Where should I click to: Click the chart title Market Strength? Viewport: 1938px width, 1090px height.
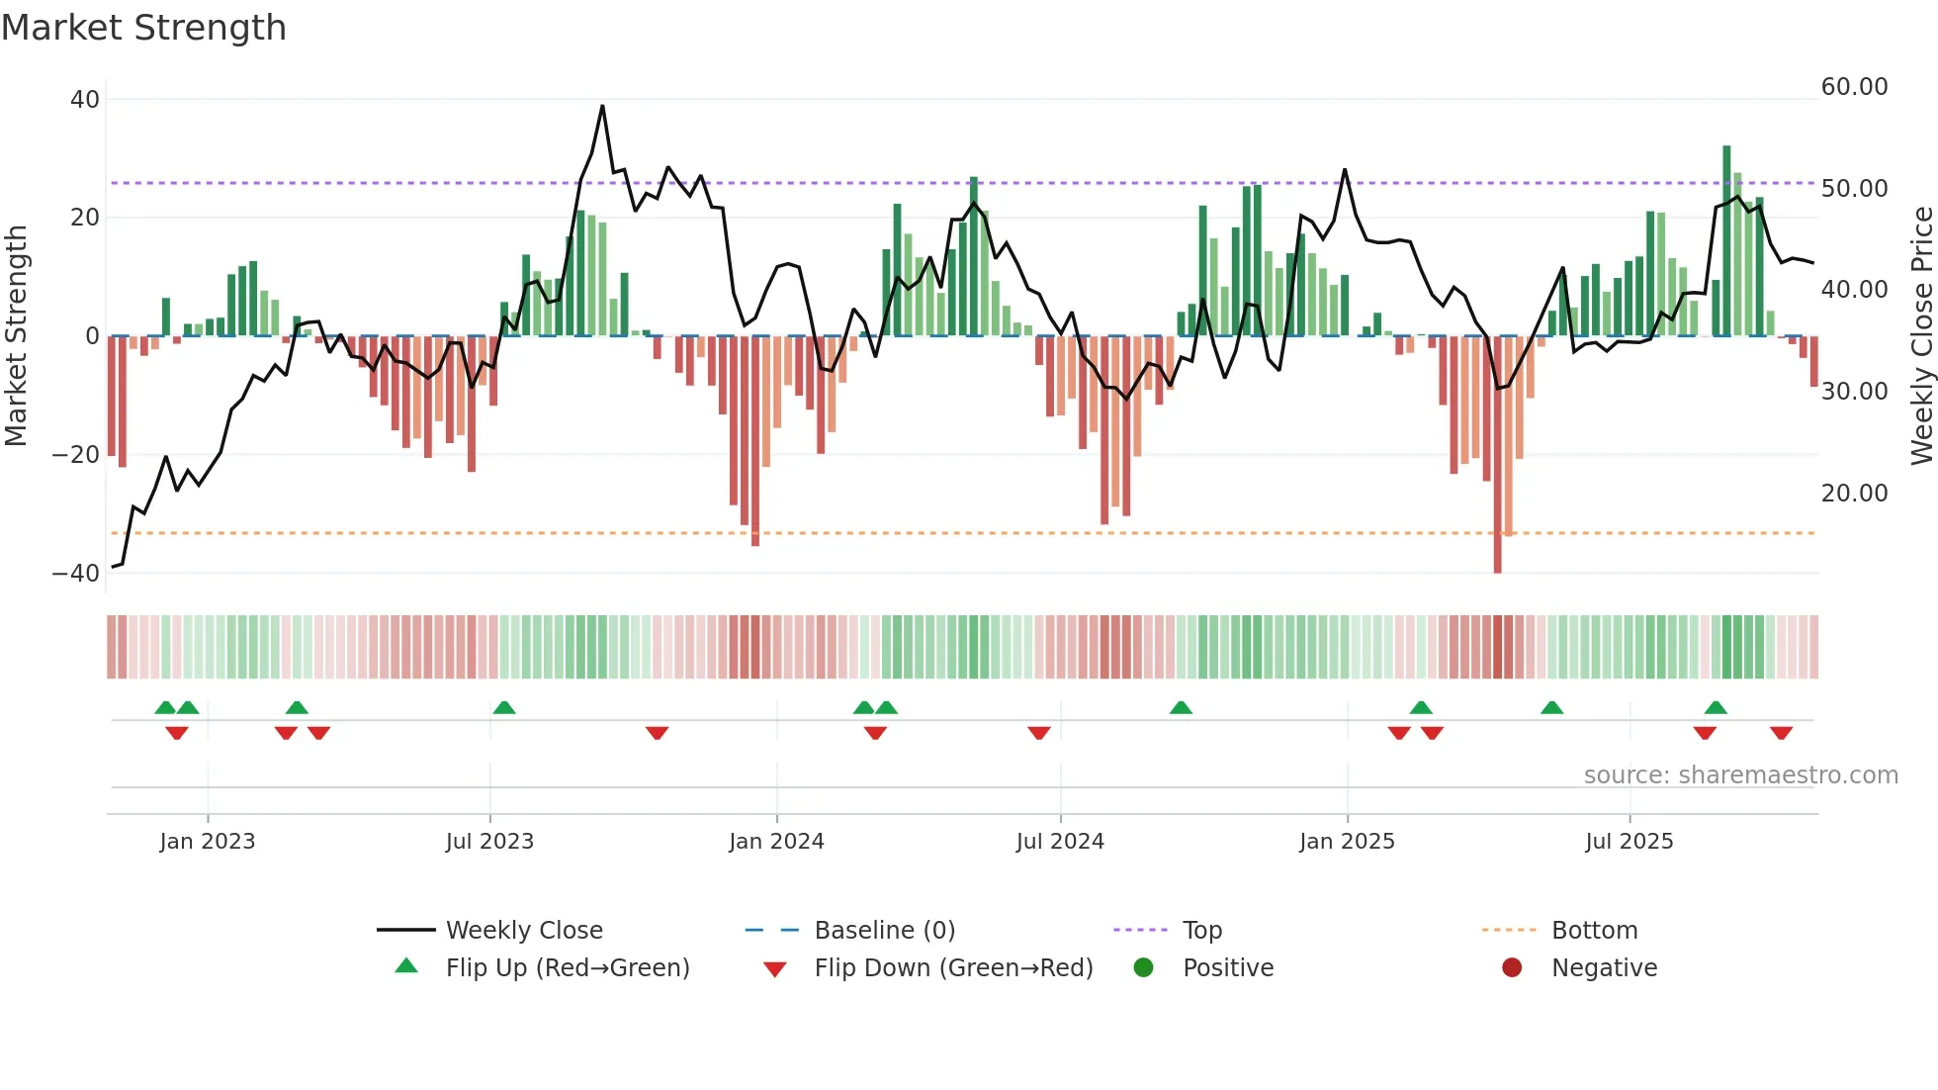click(143, 28)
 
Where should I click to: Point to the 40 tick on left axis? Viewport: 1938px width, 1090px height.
click(85, 100)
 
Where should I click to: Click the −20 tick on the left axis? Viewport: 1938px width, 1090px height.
click(76, 455)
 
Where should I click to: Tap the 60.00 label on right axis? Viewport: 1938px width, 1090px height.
click(1854, 87)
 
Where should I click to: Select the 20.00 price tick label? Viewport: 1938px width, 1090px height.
click(1854, 494)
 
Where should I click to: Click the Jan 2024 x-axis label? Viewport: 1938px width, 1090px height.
click(776, 842)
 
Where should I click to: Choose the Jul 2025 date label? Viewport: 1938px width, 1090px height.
click(1629, 842)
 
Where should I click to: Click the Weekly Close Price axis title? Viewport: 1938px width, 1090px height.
click(1921, 336)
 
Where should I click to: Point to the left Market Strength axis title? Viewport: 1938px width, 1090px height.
click(17, 336)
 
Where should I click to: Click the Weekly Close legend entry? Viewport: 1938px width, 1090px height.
click(523, 931)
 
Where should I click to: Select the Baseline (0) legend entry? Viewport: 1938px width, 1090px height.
click(884, 931)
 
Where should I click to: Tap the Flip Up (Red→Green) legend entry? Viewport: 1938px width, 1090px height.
click(567, 968)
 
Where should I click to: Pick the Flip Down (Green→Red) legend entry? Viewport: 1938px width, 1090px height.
click(953, 968)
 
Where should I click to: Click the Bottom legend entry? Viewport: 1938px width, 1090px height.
click(1594, 931)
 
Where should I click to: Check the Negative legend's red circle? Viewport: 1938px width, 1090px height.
click(1512, 968)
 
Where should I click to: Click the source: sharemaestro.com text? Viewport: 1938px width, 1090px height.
click(1740, 775)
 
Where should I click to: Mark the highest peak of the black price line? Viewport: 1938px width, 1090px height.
click(602, 106)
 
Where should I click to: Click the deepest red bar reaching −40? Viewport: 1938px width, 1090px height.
click(1497, 455)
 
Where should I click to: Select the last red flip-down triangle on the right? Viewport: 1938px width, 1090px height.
click(1782, 733)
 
